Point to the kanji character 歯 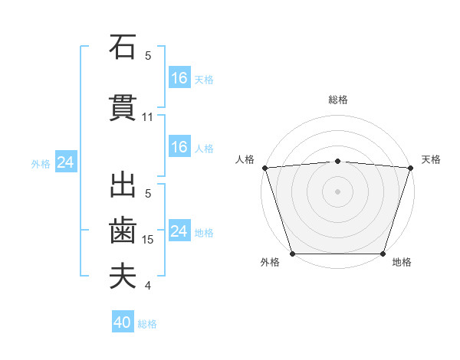click(123, 231)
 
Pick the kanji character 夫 click(123, 277)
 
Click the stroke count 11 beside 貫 click(148, 117)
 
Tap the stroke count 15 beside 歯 click(148, 240)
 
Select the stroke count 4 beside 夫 click(148, 286)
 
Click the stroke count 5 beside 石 click(148, 56)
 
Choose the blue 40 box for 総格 click(123, 323)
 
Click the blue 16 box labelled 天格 click(179, 78)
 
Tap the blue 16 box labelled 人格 click(179, 147)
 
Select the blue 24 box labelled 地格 click(179, 231)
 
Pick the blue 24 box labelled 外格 click(65, 162)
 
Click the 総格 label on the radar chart click(338, 100)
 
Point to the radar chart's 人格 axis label click(245, 159)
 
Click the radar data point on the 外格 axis click(293, 254)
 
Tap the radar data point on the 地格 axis click(383, 254)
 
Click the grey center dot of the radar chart click(338, 191)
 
